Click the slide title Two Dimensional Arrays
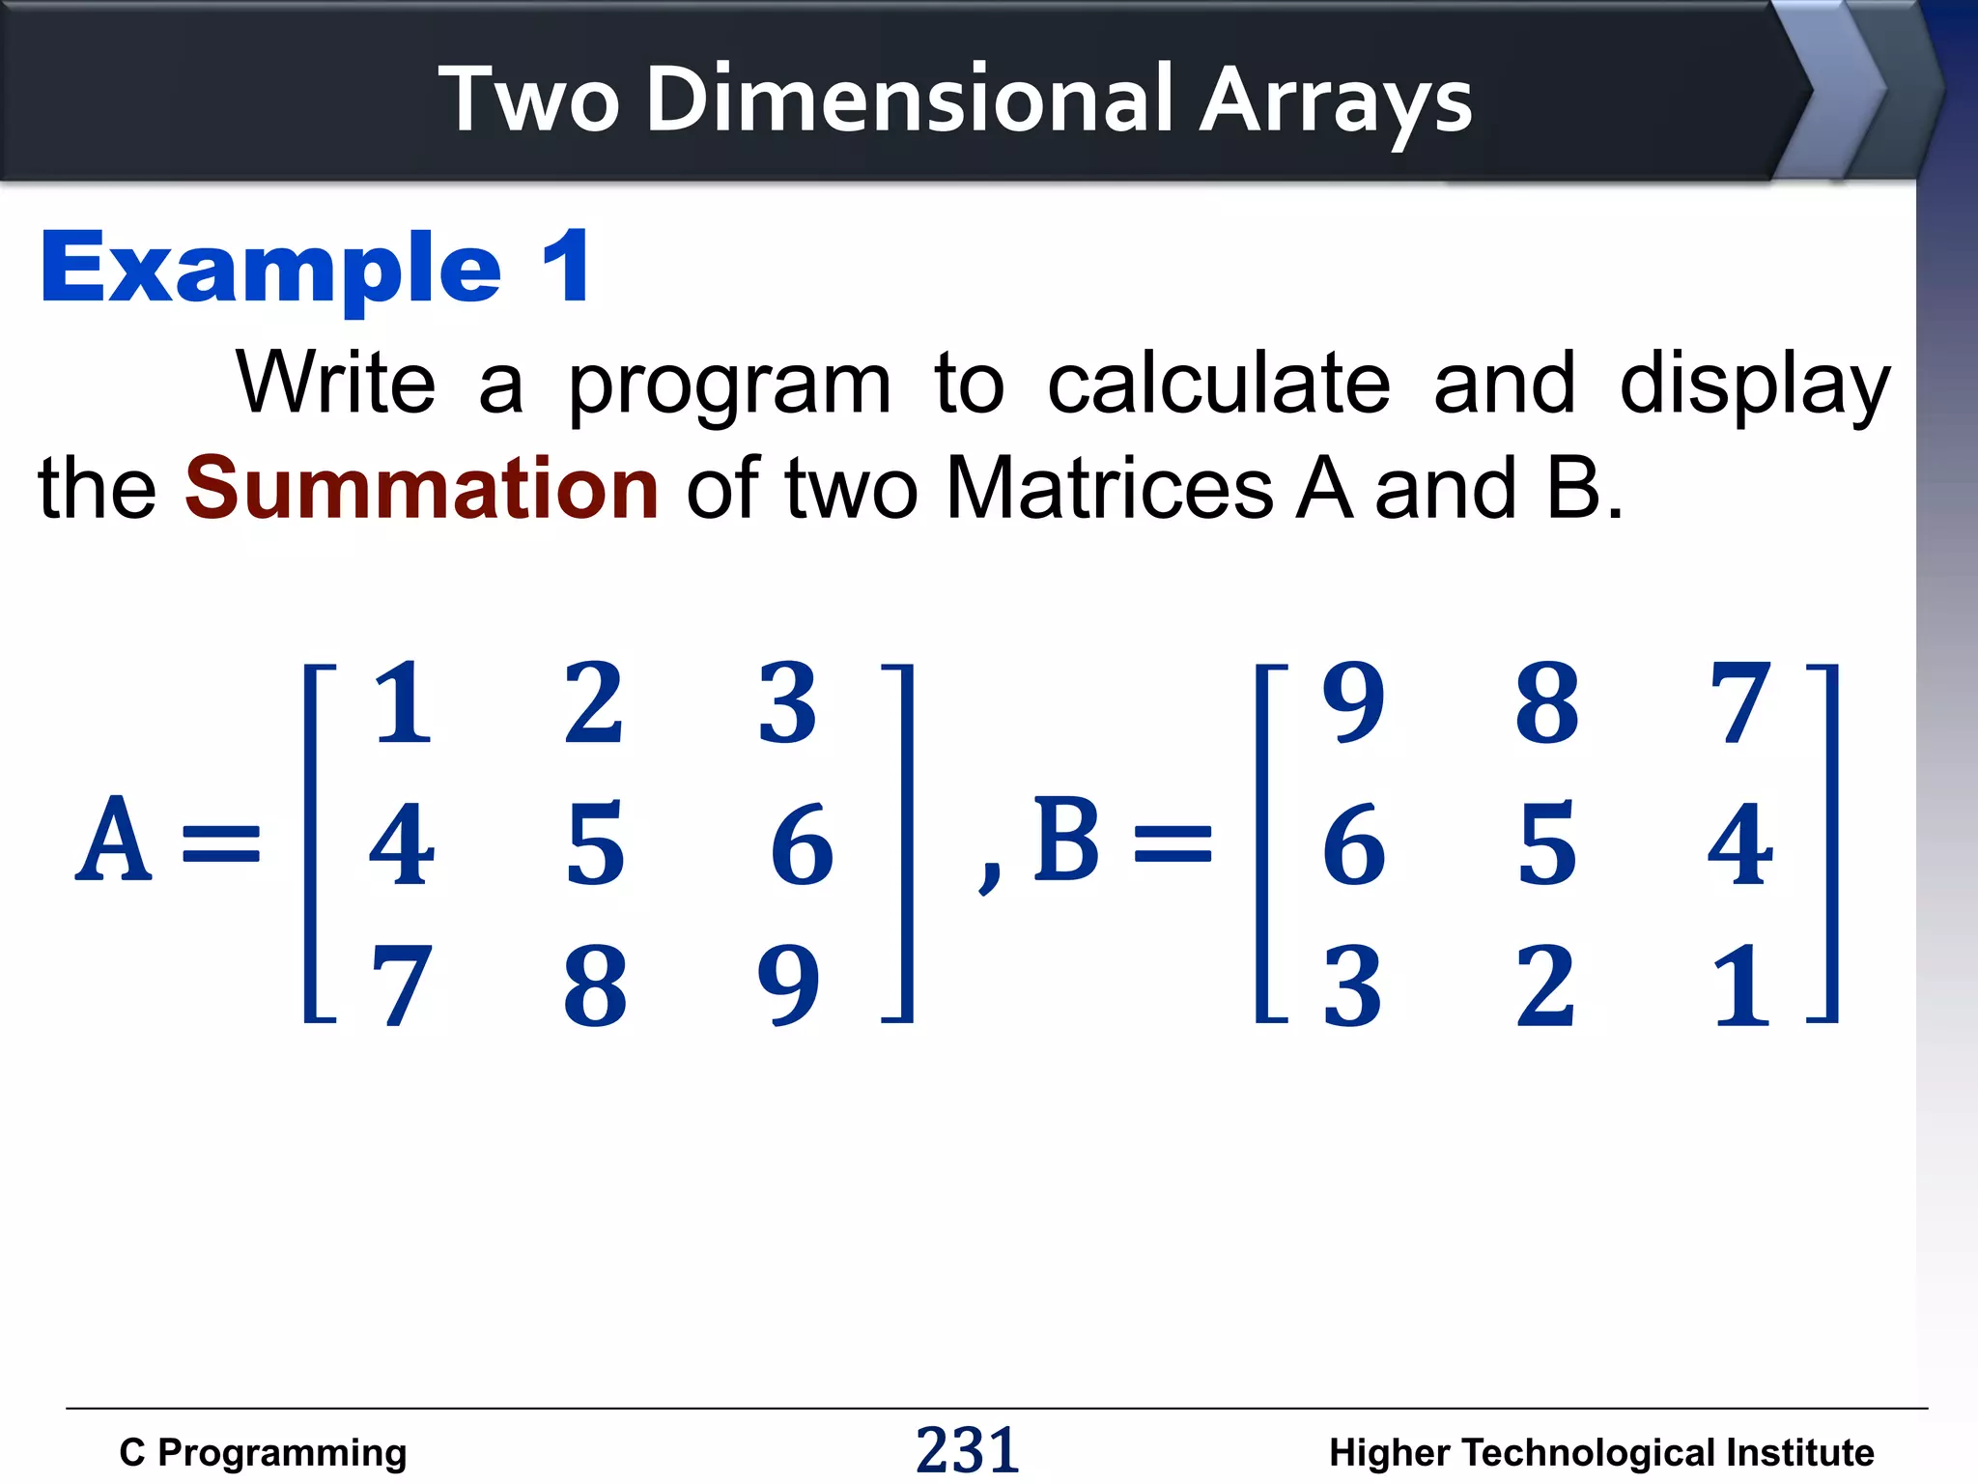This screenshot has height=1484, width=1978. [955, 99]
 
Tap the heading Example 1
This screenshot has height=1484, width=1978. [315, 268]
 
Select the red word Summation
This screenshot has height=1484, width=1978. [422, 487]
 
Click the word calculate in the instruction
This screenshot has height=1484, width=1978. [1219, 384]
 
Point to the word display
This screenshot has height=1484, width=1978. [1754, 384]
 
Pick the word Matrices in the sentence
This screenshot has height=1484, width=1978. [1110, 489]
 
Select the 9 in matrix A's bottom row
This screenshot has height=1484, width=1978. [788, 985]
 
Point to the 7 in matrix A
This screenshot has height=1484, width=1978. [402, 985]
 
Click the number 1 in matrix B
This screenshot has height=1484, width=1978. [1740, 985]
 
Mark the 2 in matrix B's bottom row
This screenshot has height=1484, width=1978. [1546, 985]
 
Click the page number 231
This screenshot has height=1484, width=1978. [967, 1450]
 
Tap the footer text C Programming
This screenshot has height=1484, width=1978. [263, 1452]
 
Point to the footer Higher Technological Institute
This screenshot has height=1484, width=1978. [1601, 1452]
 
